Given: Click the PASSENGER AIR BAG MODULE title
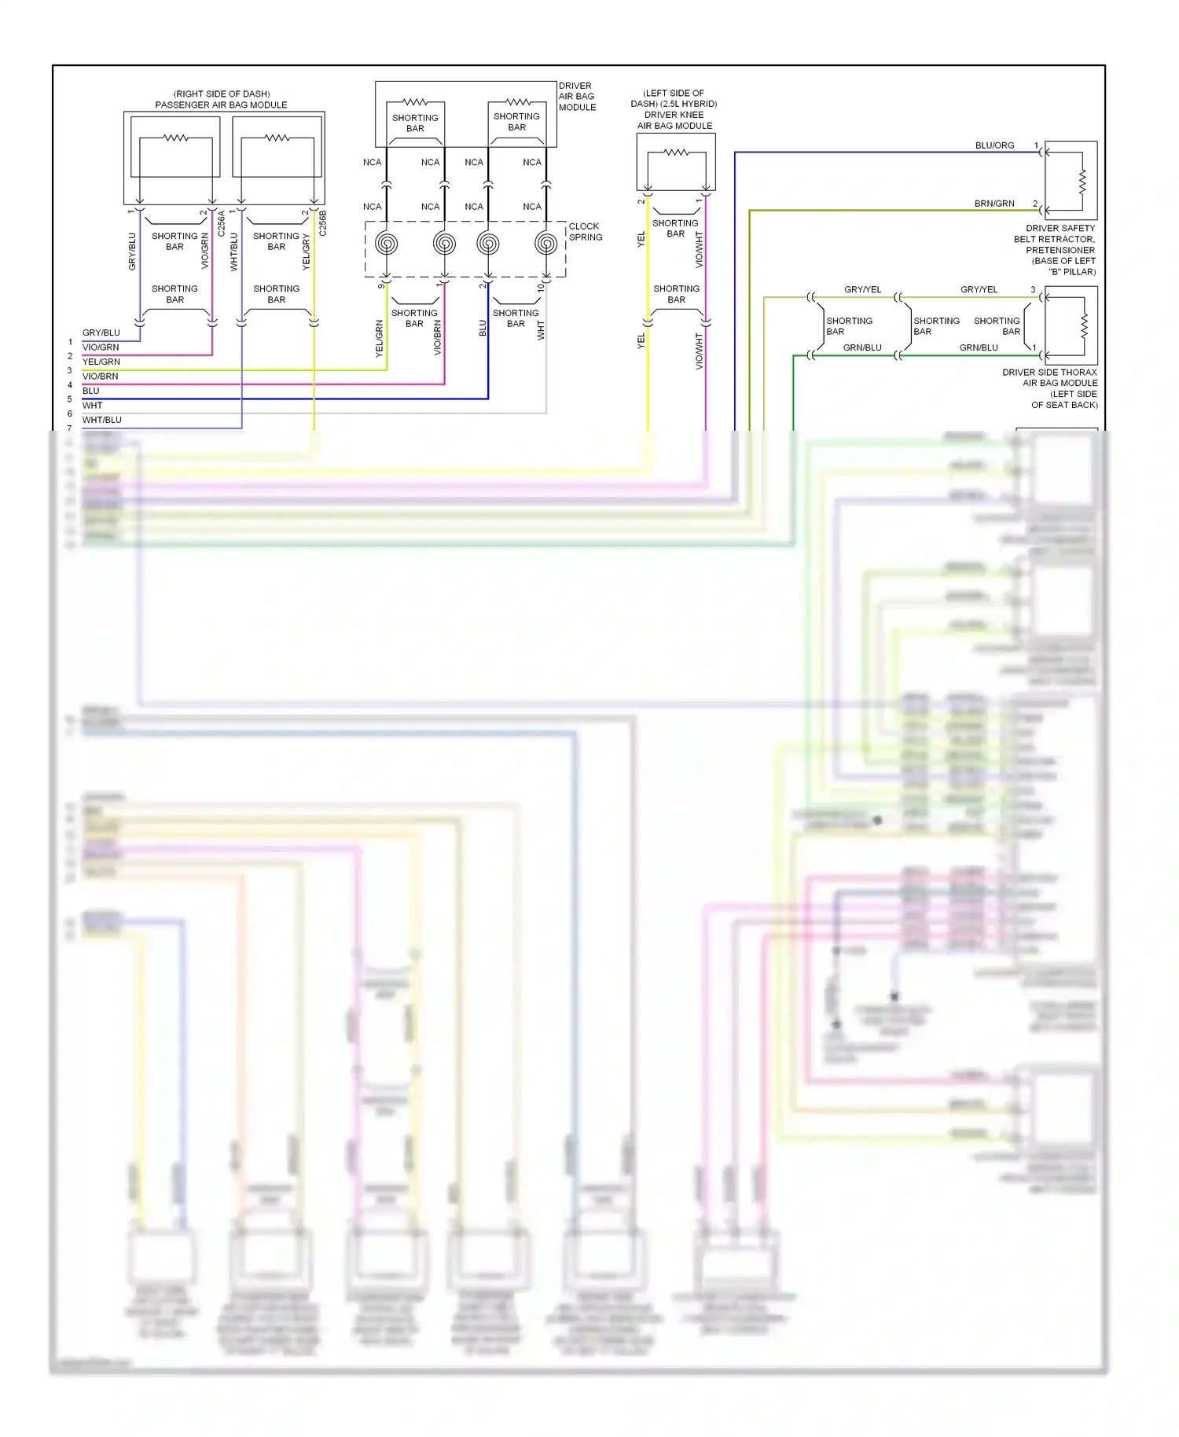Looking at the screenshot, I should click(221, 105).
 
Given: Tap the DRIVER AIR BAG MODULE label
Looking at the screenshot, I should click(576, 97).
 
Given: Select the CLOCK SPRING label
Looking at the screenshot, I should click(585, 232).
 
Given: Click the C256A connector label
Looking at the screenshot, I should click(222, 223).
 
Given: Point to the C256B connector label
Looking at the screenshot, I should click(323, 223).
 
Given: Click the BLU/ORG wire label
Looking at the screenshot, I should click(994, 145).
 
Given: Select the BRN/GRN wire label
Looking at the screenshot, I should click(994, 204).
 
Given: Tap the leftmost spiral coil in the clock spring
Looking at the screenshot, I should click(386, 244).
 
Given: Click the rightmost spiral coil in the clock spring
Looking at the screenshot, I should click(545, 244).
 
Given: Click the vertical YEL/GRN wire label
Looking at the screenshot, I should click(380, 339).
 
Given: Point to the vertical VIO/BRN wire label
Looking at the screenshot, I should click(438, 337).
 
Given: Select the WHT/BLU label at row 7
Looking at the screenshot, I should click(102, 420).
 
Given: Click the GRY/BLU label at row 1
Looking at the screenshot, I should click(101, 333).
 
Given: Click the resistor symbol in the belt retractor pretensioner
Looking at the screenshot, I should click(1082, 182).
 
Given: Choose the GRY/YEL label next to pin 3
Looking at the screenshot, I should click(979, 289).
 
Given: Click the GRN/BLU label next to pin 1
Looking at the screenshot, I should click(979, 347).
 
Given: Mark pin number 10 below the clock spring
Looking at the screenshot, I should click(541, 288).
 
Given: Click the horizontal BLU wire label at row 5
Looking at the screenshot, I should click(91, 391).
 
